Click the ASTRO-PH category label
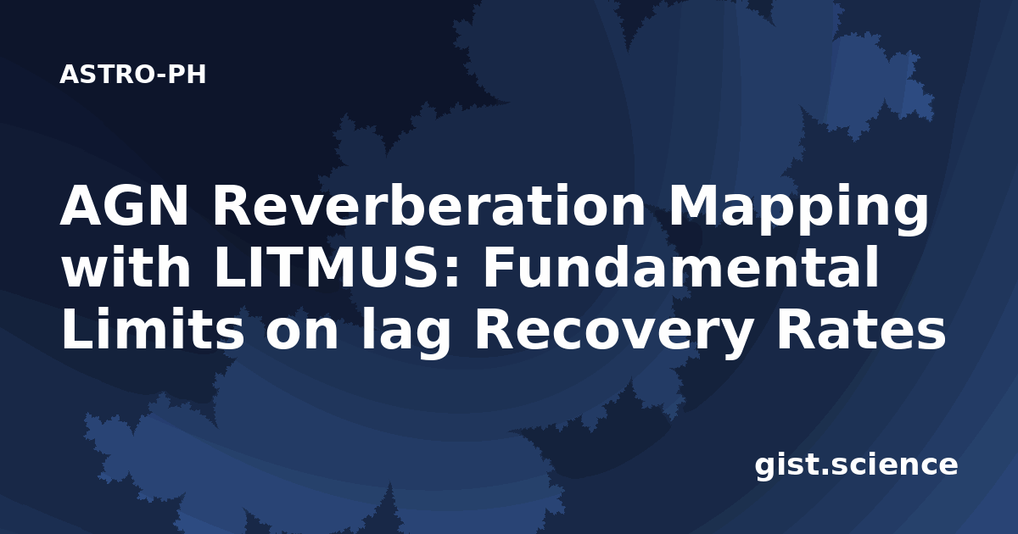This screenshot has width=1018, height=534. pos(132,75)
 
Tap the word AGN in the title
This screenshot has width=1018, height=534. pos(124,206)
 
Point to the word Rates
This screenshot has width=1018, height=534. pos(861,328)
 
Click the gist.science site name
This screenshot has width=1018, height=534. pos(856,466)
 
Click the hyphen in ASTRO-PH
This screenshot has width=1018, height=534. pos(160,76)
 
